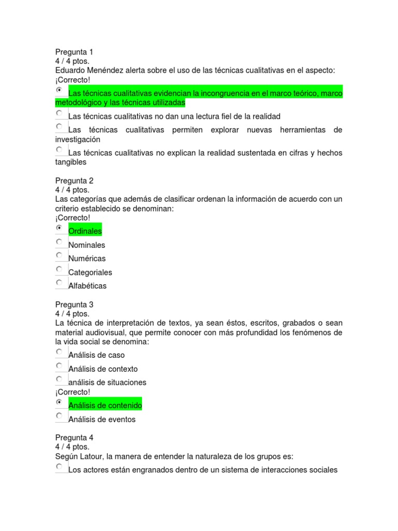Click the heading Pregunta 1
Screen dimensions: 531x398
[74, 52]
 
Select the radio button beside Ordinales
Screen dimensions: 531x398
[59, 228]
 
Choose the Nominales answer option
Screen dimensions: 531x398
[87, 245]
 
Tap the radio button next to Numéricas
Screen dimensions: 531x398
[59, 255]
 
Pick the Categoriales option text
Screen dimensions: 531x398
[90, 272]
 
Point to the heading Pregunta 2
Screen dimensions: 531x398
[74, 180]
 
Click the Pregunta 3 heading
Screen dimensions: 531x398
[74, 304]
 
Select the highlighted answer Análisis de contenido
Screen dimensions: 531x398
[105, 405]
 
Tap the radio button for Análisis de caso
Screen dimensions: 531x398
[59, 352]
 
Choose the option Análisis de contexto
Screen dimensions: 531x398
[103, 369]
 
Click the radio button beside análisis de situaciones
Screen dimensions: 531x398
[59, 379]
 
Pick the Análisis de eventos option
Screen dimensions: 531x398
[102, 419]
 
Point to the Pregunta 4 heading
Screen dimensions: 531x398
[74, 437]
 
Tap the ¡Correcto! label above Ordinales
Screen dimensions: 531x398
[73, 218]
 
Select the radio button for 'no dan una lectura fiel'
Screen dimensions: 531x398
[59, 113]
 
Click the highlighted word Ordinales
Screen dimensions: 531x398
[85, 231]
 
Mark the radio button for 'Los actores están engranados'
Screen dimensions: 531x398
[59, 467]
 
